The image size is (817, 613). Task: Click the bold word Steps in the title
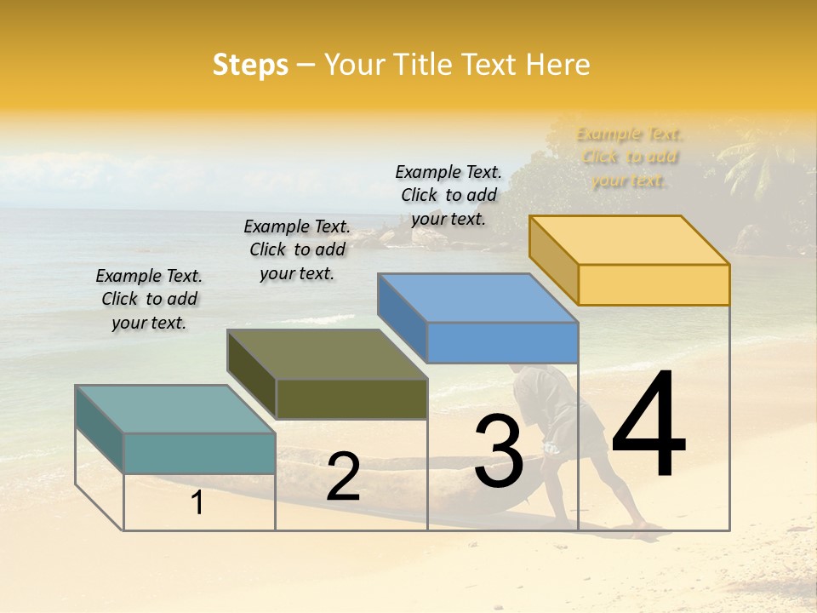tap(250, 65)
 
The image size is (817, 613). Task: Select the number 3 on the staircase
tap(499, 450)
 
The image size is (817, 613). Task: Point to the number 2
tap(343, 477)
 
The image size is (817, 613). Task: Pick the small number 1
tap(197, 503)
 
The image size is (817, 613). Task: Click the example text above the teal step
tap(149, 299)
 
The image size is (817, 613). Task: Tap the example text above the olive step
tap(297, 249)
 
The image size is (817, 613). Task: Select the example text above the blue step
tap(448, 195)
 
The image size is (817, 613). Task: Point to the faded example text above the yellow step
tap(630, 157)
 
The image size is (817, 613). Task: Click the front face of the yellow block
tap(654, 284)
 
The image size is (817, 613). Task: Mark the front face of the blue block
tap(502, 342)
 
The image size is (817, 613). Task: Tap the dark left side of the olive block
tap(252, 375)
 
